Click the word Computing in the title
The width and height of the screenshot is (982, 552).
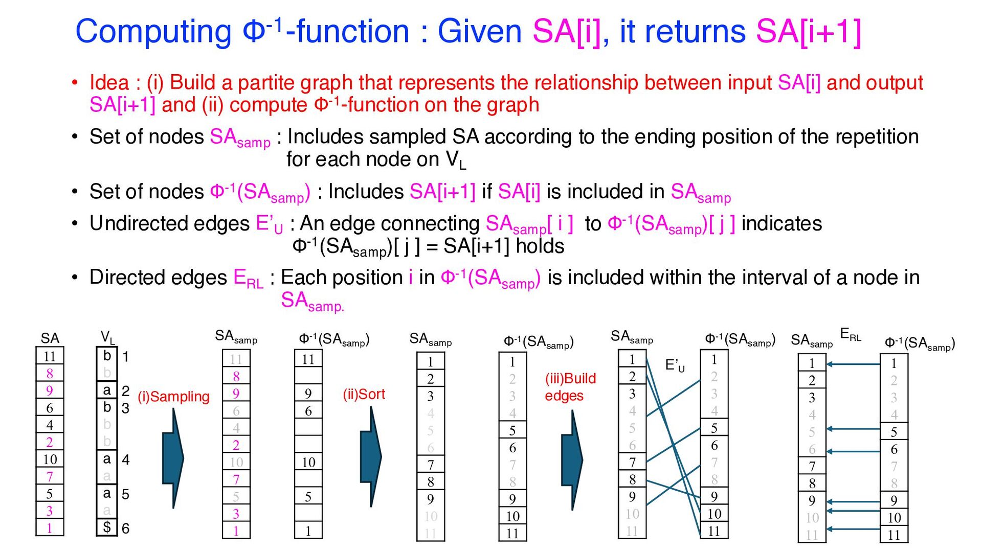[153, 32]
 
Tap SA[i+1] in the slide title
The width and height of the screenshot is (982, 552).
[809, 32]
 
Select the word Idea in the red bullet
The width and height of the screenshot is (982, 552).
[109, 82]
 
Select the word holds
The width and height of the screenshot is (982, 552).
[540, 246]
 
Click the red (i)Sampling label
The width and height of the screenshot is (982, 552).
[174, 397]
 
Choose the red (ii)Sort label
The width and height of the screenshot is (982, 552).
[364, 394]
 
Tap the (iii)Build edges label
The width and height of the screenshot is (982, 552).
[570, 387]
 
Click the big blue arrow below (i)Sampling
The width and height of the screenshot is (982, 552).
[173, 458]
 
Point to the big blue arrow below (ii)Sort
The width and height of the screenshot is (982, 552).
[371, 456]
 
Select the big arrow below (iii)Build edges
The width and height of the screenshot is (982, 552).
[572, 460]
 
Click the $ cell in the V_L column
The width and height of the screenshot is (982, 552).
[107, 527]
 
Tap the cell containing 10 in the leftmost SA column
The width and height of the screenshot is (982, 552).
[50, 459]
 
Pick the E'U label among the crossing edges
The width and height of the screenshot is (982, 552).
[675, 365]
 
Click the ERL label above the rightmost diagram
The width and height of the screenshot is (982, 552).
[851, 335]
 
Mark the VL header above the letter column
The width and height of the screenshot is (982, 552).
[108, 337]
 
